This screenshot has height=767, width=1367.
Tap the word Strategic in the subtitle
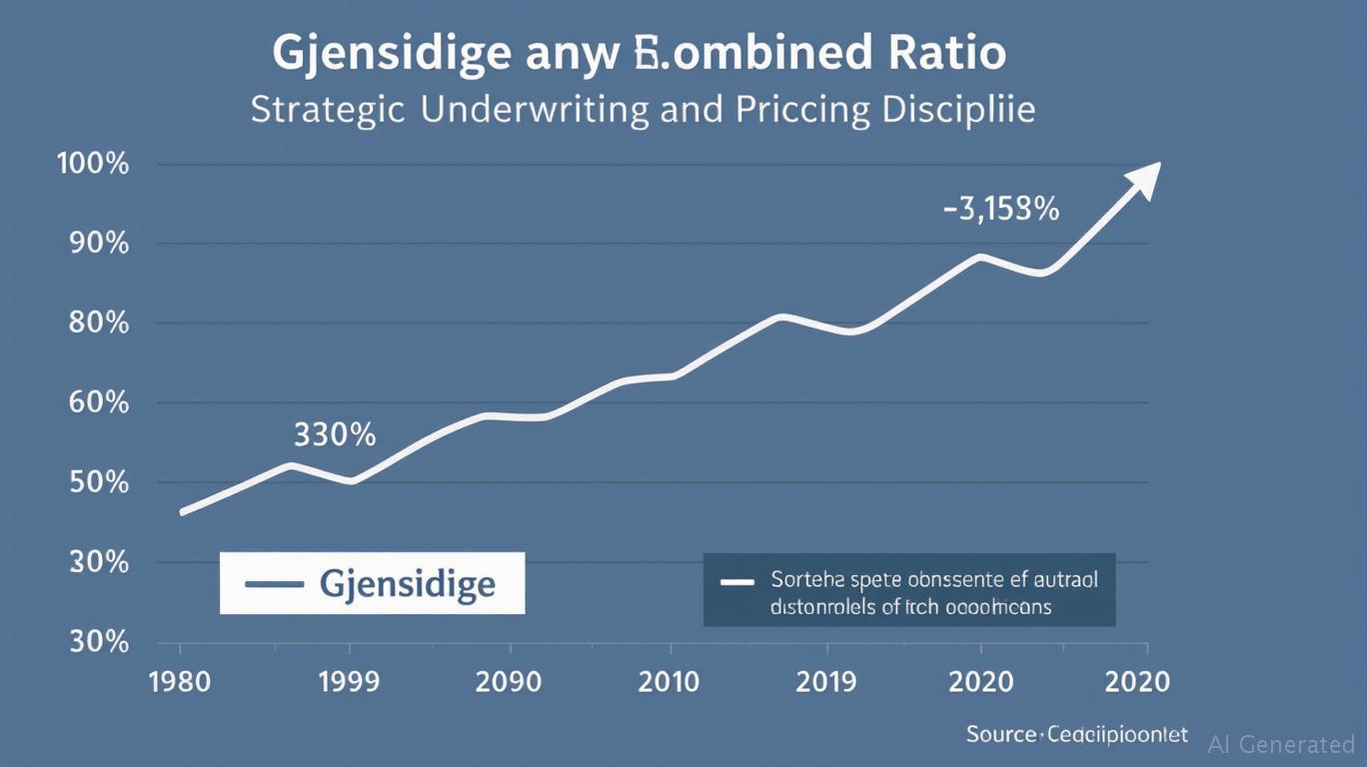(327, 109)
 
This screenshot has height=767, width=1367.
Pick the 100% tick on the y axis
(94, 164)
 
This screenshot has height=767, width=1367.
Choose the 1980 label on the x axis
(180, 682)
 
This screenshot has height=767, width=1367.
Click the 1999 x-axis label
(350, 682)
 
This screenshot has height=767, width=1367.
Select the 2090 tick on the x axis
(509, 682)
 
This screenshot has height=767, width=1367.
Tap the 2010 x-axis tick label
(670, 682)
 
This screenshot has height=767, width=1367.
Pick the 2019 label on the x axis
(826, 682)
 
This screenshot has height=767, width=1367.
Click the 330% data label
(335, 435)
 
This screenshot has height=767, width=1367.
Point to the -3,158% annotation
(1001, 210)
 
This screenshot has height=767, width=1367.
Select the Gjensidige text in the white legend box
(408, 583)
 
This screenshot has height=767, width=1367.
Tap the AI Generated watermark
(1281, 744)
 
